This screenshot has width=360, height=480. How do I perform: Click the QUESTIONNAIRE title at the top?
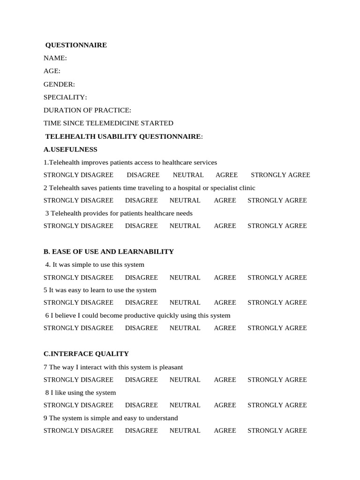[x=76, y=45]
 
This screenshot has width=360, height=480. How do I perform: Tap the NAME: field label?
[x=55, y=58]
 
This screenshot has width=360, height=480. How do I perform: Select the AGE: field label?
[x=52, y=71]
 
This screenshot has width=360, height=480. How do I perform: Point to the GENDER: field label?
[x=59, y=84]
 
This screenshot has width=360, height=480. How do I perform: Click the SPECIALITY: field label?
[x=65, y=97]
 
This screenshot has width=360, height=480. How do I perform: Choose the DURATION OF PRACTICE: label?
[x=87, y=110]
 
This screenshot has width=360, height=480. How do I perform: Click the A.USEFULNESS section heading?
[x=70, y=150]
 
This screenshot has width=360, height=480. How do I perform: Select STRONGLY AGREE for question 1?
[x=280, y=175]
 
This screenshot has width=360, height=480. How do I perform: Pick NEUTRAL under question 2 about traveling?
[x=185, y=200]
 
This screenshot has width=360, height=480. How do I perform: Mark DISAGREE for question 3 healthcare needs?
[x=142, y=225]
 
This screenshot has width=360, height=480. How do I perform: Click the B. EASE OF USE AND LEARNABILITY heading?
[x=109, y=252]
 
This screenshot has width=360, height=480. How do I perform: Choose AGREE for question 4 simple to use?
[x=225, y=277]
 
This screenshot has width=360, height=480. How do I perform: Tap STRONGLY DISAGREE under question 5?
[x=78, y=302]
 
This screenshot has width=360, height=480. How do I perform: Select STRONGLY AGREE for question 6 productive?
[x=277, y=328]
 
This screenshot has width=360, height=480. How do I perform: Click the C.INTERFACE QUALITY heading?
[x=86, y=354]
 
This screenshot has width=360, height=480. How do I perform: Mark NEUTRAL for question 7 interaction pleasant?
[x=185, y=380]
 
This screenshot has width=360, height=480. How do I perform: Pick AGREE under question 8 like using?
[x=225, y=405]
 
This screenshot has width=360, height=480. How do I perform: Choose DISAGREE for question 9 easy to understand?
[x=142, y=430]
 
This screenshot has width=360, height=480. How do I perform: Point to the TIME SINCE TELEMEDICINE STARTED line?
[x=108, y=123]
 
